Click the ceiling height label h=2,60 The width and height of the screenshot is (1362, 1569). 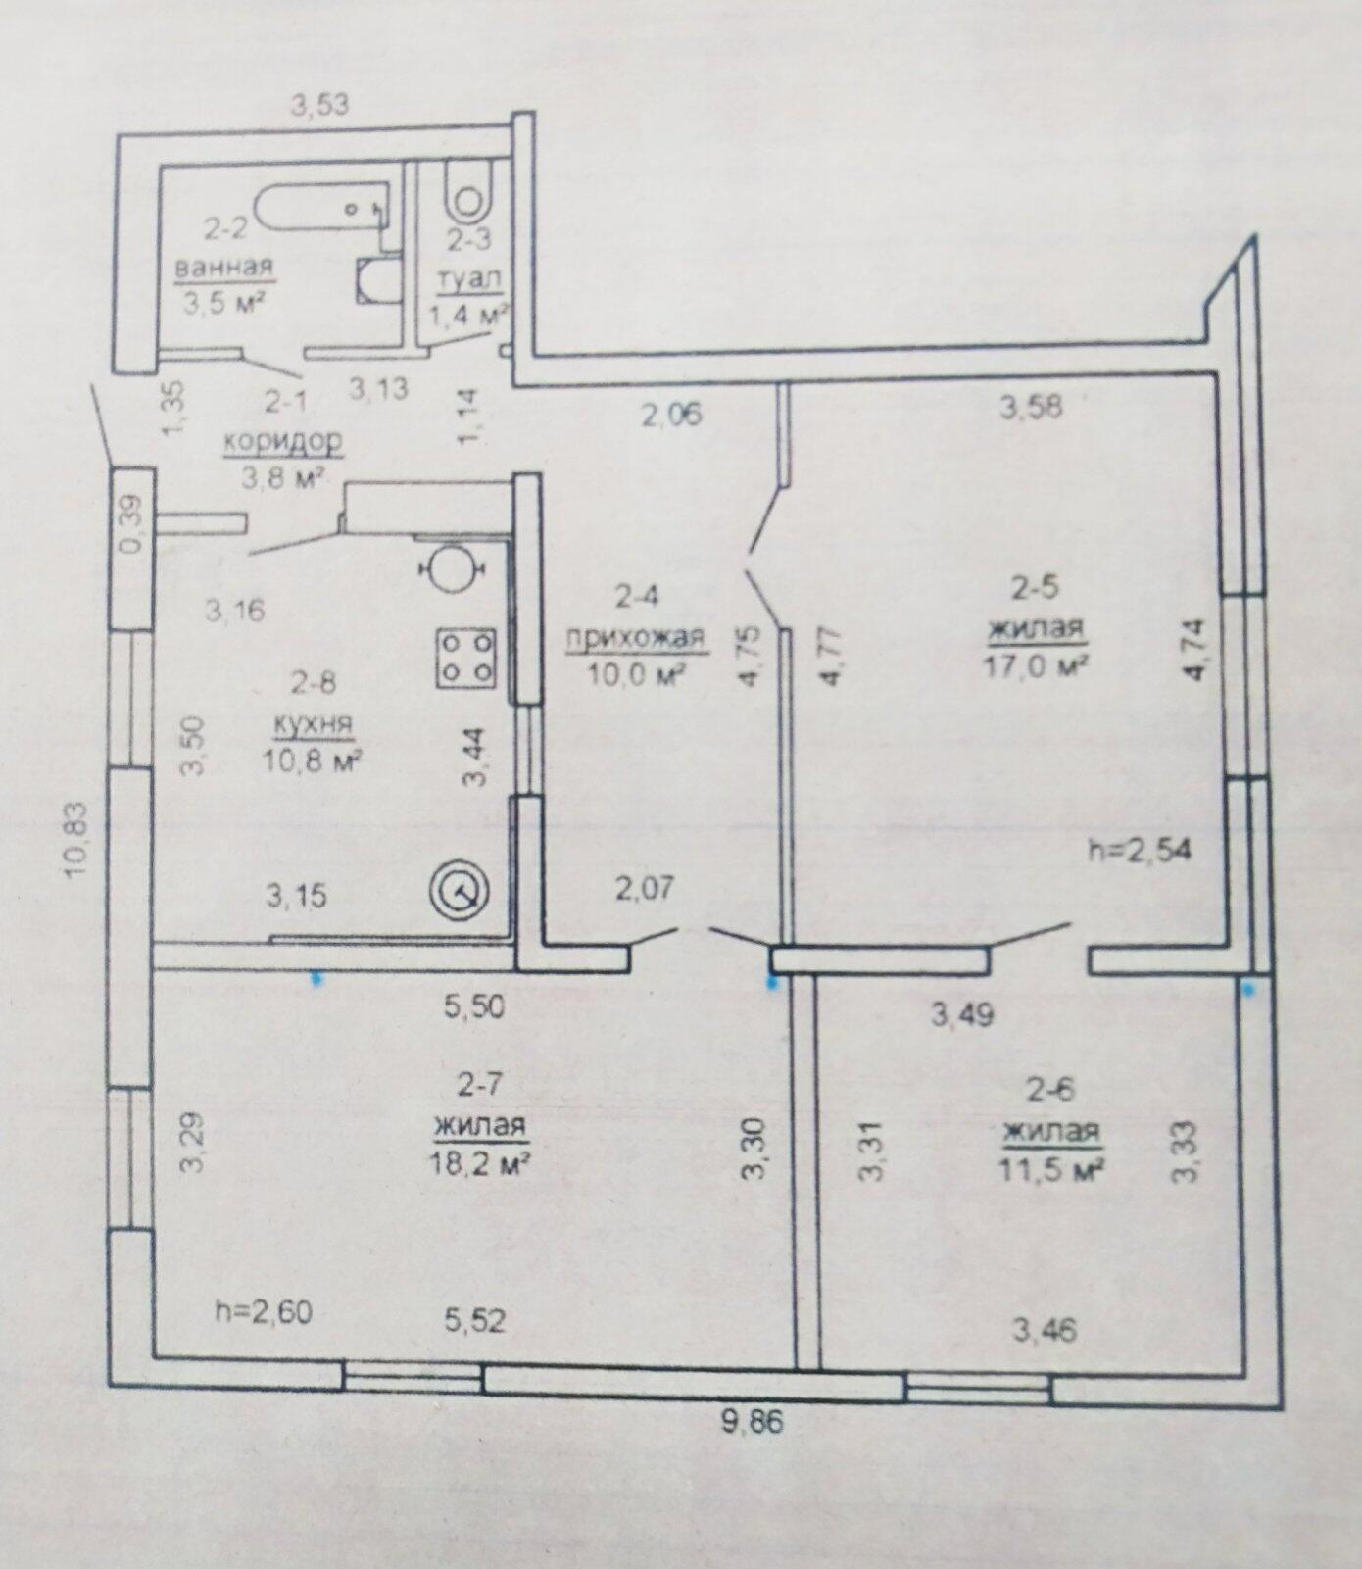pos(264,1311)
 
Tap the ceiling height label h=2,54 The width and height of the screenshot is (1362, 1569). pos(1141,849)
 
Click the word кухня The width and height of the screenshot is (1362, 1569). pos(314,725)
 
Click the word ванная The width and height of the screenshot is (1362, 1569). pos(223,267)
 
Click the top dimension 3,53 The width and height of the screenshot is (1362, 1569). pos(320,104)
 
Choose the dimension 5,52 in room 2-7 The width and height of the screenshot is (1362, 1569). pos(475,1321)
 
